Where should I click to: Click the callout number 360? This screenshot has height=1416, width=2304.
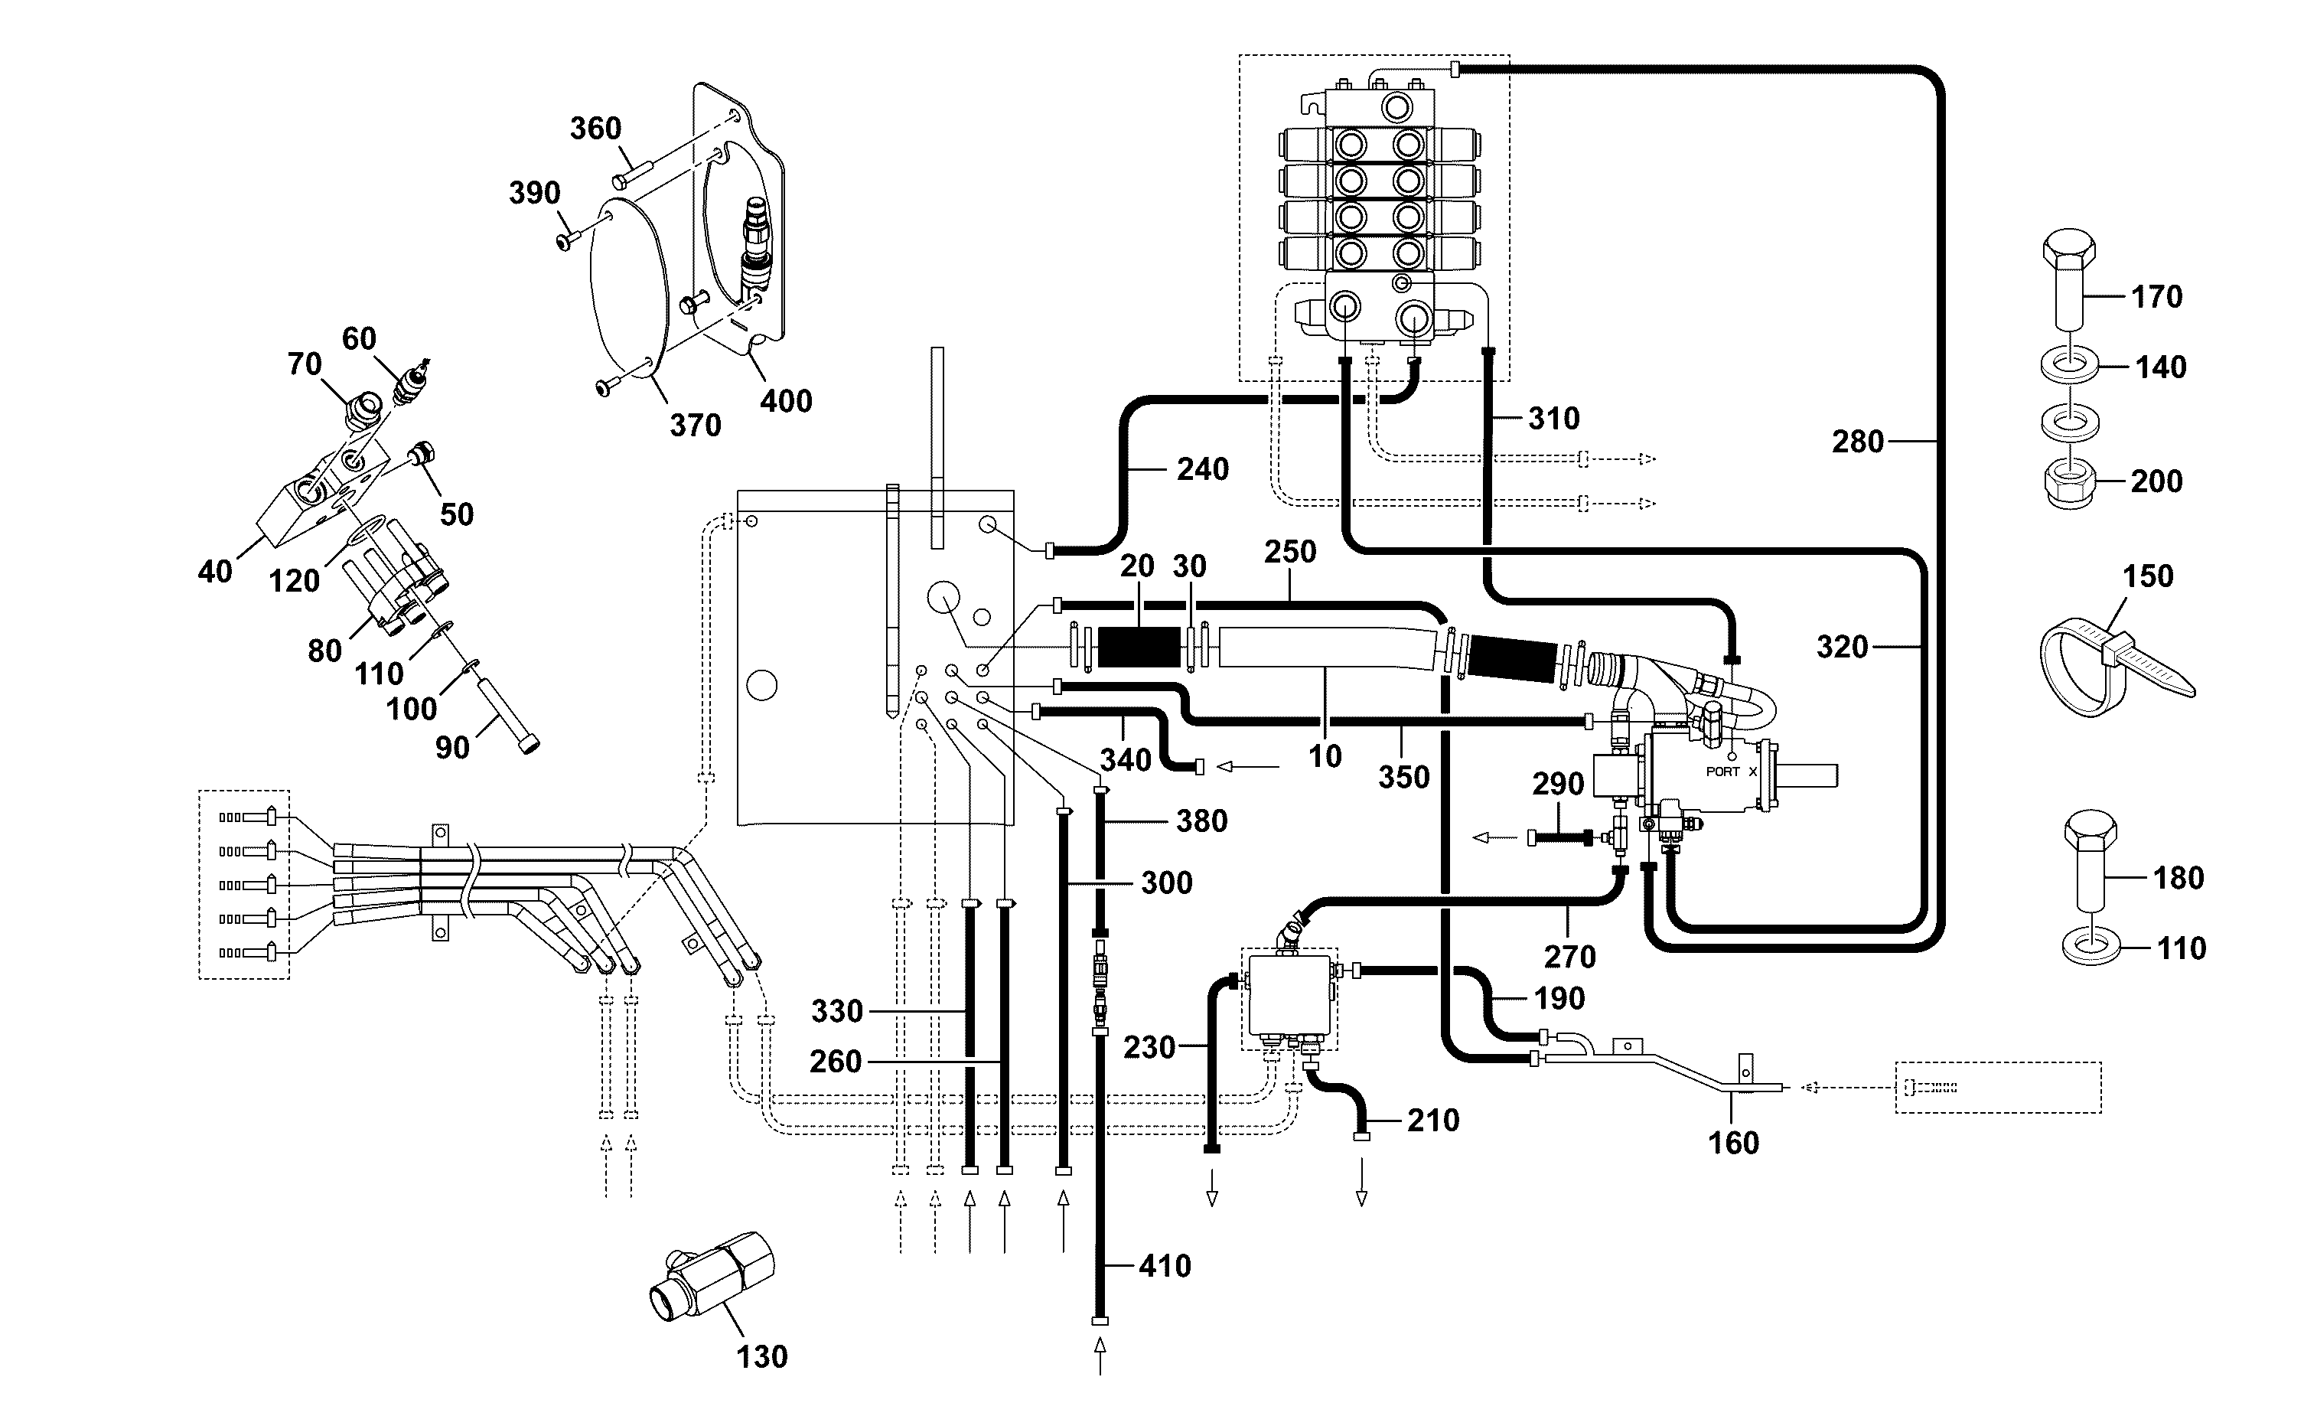[595, 129]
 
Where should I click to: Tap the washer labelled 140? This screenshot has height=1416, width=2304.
[2068, 365]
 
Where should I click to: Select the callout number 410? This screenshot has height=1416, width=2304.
[1165, 1266]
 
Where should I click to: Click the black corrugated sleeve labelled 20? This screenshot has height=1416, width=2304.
[1139, 647]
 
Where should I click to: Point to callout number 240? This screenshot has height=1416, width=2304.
[1203, 469]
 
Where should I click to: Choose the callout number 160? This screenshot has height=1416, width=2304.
[1734, 1144]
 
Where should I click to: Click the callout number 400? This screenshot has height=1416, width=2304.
[786, 402]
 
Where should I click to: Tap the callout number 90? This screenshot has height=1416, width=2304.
[452, 747]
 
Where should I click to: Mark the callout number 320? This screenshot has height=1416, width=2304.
[1843, 647]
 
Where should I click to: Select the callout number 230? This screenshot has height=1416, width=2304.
[1149, 1047]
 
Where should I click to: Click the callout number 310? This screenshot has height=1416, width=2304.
[1554, 419]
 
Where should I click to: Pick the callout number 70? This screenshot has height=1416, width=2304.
[305, 364]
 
